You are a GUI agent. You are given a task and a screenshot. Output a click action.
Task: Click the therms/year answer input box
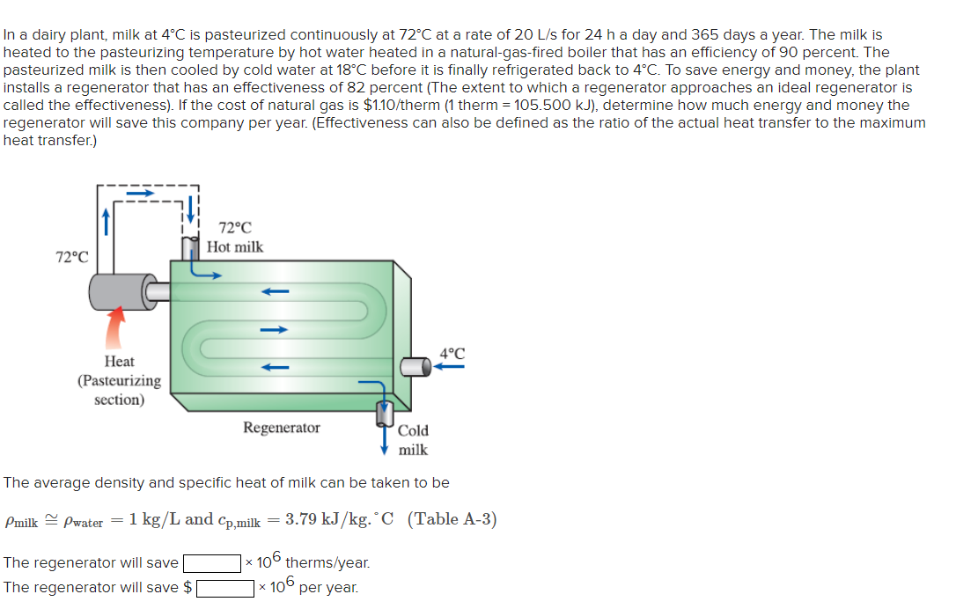(x=212, y=562)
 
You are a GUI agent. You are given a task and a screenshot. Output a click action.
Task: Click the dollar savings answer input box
(x=225, y=587)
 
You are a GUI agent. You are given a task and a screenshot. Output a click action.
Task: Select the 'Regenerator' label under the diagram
(x=282, y=428)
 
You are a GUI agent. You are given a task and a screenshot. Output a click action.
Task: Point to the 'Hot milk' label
(x=235, y=247)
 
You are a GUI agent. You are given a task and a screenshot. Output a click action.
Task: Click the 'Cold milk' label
(x=413, y=440)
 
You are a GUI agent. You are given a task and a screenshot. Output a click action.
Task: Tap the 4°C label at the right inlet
(x=452, y=353)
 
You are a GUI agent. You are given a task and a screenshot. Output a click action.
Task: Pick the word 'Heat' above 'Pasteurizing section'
(x=119, y=362)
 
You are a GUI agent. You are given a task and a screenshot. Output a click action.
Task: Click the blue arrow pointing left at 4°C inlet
(x=451, y=368)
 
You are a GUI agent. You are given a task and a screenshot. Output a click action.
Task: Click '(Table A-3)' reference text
(x=452, y=519)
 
